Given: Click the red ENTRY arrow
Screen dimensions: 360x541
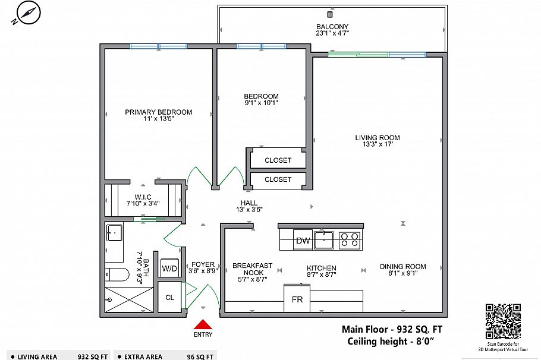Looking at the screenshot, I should [203, 324].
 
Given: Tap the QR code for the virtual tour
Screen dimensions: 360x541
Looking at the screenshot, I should [504, 320].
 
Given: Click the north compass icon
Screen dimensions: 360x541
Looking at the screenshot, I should [25, 12].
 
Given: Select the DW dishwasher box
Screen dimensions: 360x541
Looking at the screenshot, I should [303, 241].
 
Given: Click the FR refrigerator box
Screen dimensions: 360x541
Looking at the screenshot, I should [297, 300].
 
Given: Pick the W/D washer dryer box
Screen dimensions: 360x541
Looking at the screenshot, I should [169, 268].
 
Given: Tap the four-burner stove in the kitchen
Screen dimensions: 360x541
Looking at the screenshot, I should [349, 240].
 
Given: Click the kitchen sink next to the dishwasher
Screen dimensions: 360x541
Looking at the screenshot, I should [324, 240].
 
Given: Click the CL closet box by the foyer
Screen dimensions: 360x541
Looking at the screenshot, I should [169, 298].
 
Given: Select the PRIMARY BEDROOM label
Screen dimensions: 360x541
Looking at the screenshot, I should [158, 112].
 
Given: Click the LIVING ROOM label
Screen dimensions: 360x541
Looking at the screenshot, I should [374, 138].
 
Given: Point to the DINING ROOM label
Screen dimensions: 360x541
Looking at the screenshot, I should [402, 267].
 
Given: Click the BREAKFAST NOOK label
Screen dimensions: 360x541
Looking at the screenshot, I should [252, 269].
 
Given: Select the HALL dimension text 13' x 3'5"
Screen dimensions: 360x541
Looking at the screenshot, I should [249, 209].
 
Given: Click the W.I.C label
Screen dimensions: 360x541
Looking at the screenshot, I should [143, 197].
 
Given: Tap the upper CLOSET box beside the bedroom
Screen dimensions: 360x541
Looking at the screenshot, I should [278, 160].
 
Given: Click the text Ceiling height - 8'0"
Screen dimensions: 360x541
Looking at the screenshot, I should [391, 341].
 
